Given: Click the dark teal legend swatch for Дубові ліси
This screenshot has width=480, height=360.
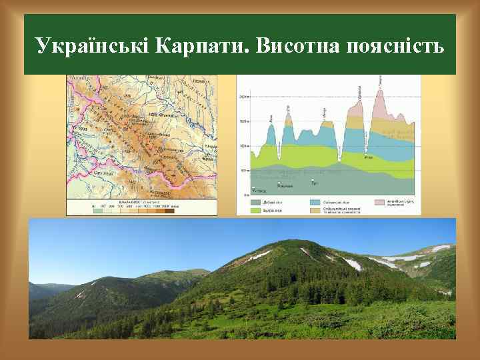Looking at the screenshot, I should coord(255,202).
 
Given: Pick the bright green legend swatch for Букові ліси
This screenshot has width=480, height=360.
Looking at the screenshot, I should coord(255,210).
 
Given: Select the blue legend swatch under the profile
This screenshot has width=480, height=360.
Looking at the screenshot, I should coord(315,202).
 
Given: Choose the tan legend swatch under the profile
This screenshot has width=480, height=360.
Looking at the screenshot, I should coord(315,210).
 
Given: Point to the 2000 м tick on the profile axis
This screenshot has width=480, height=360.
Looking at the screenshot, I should coord(244,97).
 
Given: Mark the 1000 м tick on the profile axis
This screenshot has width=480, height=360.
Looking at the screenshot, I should coord(244,146).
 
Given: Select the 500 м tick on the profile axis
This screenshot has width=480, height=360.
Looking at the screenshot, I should coord(245,171).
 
